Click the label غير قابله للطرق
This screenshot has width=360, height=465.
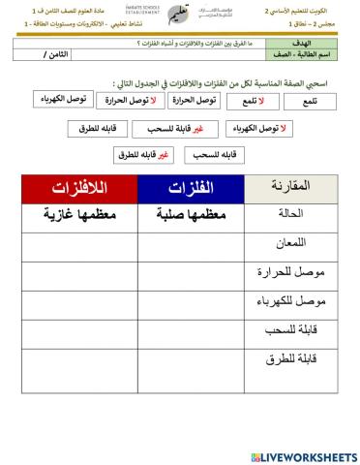(131, 154)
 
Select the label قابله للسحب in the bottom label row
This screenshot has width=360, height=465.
(213, 154)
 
